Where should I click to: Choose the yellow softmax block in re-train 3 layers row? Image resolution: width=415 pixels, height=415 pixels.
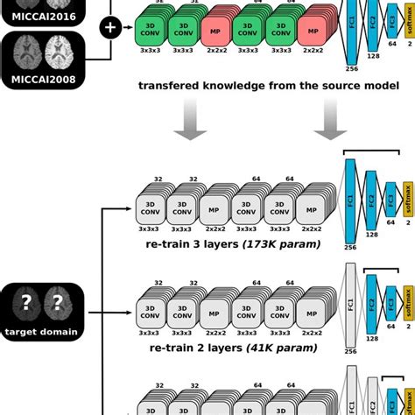(x=406, y=200)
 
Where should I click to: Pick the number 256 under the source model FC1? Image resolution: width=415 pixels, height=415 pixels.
(x=350, y=68)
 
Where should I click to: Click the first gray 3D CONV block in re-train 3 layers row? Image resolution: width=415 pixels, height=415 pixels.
(x=151, y=207)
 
